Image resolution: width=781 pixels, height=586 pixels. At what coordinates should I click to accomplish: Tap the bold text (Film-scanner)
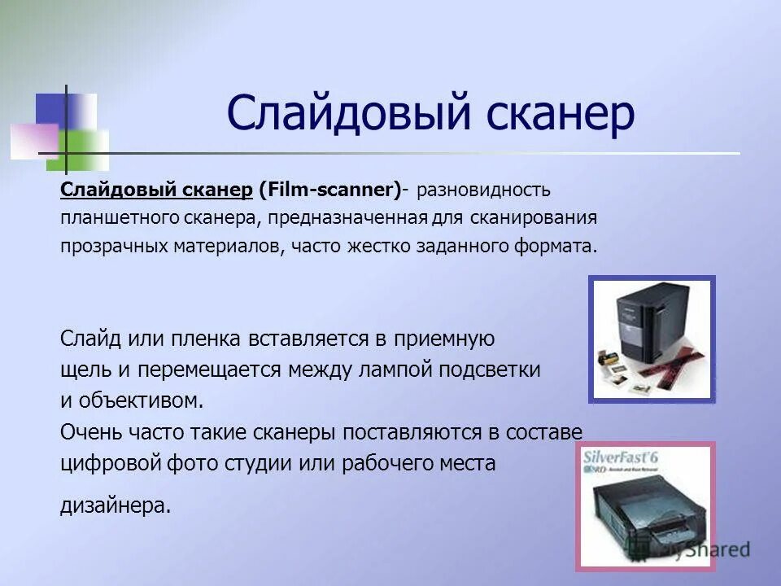tap(329, 190)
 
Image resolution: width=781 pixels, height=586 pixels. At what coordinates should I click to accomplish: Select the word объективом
tap(138, 400)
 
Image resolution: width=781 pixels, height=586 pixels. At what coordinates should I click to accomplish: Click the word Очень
tap(89, 431)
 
